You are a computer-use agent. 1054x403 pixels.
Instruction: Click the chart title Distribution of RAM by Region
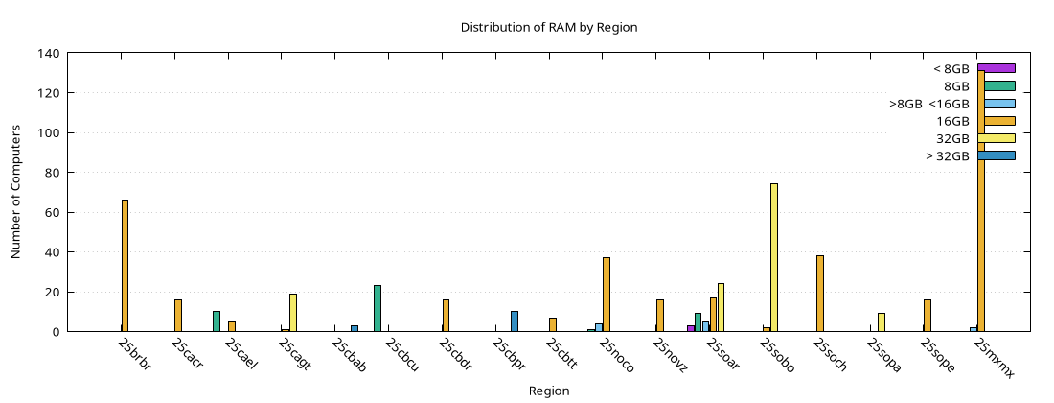pos(549,27)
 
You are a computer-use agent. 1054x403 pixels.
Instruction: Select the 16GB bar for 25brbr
pos(125,266)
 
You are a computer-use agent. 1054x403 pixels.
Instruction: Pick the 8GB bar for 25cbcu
pos(378,308)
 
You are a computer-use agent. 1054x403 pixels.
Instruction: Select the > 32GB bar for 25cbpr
pos(515,321)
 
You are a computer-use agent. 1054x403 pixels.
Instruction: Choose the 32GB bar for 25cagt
pos(293,313)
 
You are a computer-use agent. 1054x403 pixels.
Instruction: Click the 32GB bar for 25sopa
pos(882,322)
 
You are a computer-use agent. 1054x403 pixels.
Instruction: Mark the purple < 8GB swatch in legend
pos(997,68)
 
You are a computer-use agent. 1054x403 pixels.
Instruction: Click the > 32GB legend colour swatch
pos(997,155)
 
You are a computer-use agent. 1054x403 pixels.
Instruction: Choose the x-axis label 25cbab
pos(351,359)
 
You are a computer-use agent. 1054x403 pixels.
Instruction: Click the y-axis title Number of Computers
pos(16,193)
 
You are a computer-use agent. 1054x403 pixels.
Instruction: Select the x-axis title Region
pos(549,391)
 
